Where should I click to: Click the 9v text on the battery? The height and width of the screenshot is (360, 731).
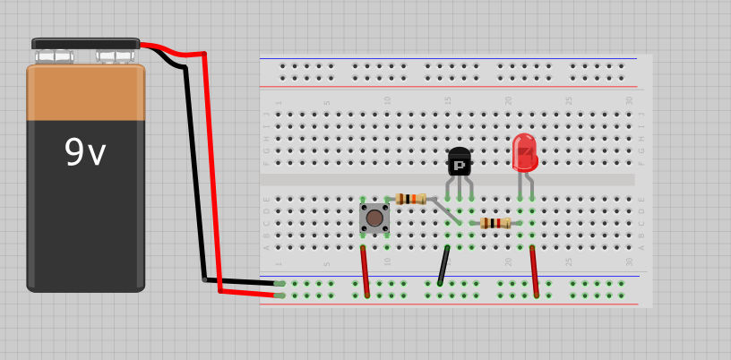[x=85, y=153]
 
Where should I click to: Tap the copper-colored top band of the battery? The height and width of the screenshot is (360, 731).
[x=85, y=92]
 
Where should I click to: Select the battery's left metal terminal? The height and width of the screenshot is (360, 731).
[x=54, y=56]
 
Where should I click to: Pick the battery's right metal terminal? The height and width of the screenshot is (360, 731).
[x=115, y=56]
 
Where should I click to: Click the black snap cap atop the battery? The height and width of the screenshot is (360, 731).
[x=85, y=43]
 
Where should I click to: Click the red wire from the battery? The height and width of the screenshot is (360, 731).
[x=212, y=170]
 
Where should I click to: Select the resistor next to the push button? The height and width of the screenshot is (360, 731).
[x=410, y=199]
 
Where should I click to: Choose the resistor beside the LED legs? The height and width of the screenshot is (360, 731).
[x=494, y=223]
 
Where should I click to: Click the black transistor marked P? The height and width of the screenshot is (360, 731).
[x=459, y=163]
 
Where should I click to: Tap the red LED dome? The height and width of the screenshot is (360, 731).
[x=524, y=152]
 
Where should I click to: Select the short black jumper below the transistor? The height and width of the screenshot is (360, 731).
[x=443, y=266]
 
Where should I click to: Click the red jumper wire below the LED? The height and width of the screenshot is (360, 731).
[x=534, y=270]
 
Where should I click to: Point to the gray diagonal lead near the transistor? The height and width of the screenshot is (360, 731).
[x=445, y=211]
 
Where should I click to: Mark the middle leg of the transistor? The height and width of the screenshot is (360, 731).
[x=459, y=188]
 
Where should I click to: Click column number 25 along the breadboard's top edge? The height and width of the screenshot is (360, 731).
[x=568, y=101]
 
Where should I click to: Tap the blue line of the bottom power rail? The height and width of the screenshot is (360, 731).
[x=448, y=276]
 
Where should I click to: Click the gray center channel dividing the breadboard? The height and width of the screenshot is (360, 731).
[x=448, y=180]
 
